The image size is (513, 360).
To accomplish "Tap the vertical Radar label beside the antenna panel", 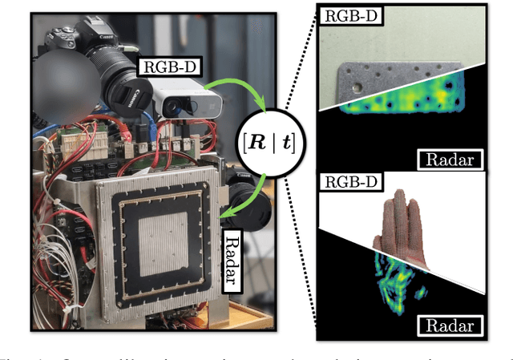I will click(x=230, y=257).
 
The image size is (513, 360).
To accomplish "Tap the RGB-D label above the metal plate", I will click(x=345, y=15).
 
